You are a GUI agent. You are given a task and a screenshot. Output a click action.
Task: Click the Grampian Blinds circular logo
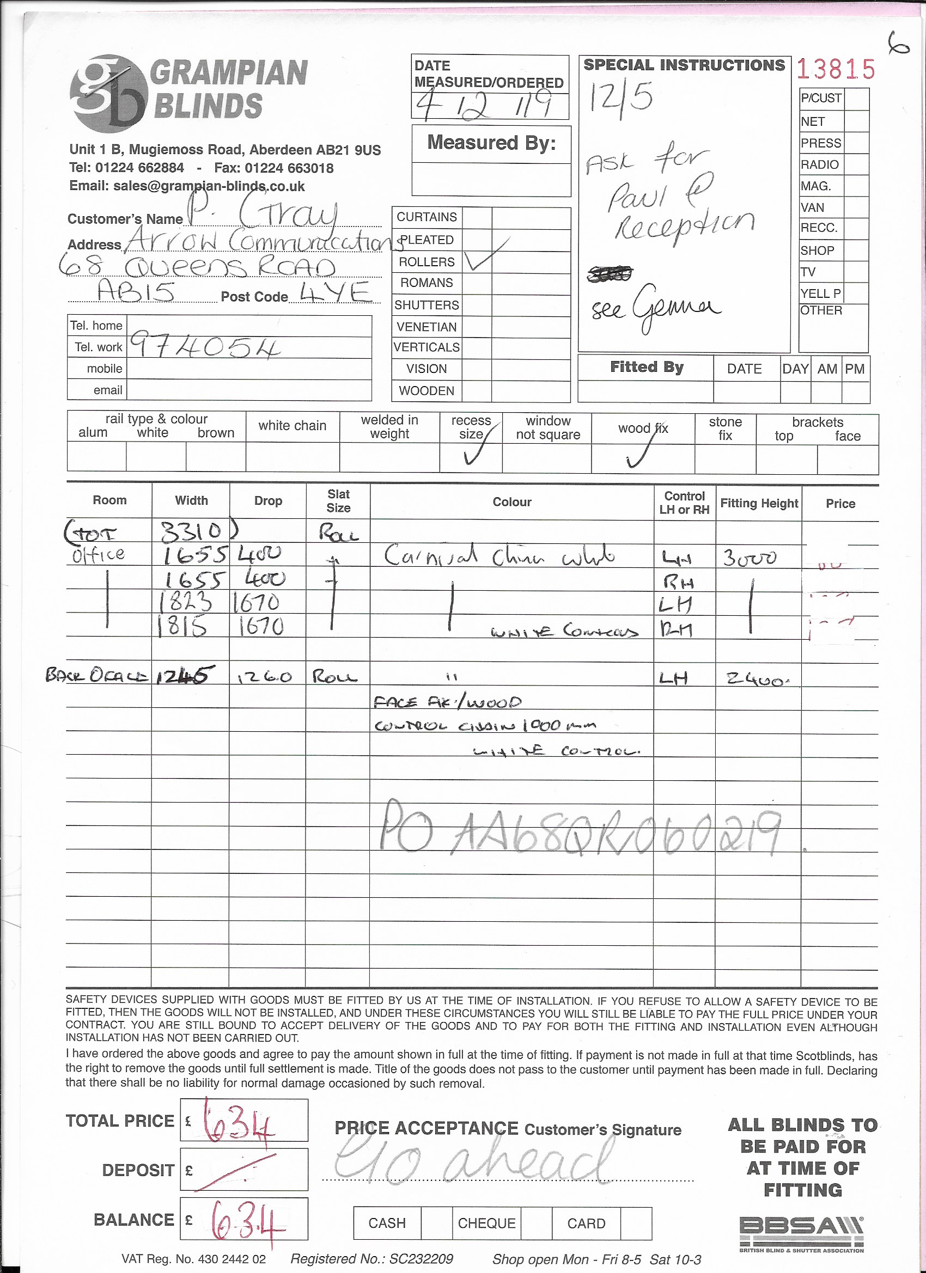click(x=108, y=93)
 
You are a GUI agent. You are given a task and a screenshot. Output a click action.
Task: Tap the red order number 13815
click(x=836, y=70)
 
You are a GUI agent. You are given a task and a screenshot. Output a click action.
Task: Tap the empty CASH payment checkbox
click(x=436, y=1223)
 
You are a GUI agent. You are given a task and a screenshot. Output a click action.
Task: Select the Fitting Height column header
click(x=759, y=503)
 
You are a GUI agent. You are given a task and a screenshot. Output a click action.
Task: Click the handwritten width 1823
click(x=185, y=602)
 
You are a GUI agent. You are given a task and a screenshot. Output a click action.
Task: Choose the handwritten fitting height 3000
click(x=750, y=558)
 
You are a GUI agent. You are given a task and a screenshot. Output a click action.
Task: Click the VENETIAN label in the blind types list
click(x=426, y=327)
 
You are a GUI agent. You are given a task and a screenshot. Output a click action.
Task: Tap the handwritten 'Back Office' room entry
click(x=97, y=675)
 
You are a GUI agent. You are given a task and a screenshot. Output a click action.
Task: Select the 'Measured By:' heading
click(x=491, y=143)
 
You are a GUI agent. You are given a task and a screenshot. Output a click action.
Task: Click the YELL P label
click(x=820, y=293)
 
